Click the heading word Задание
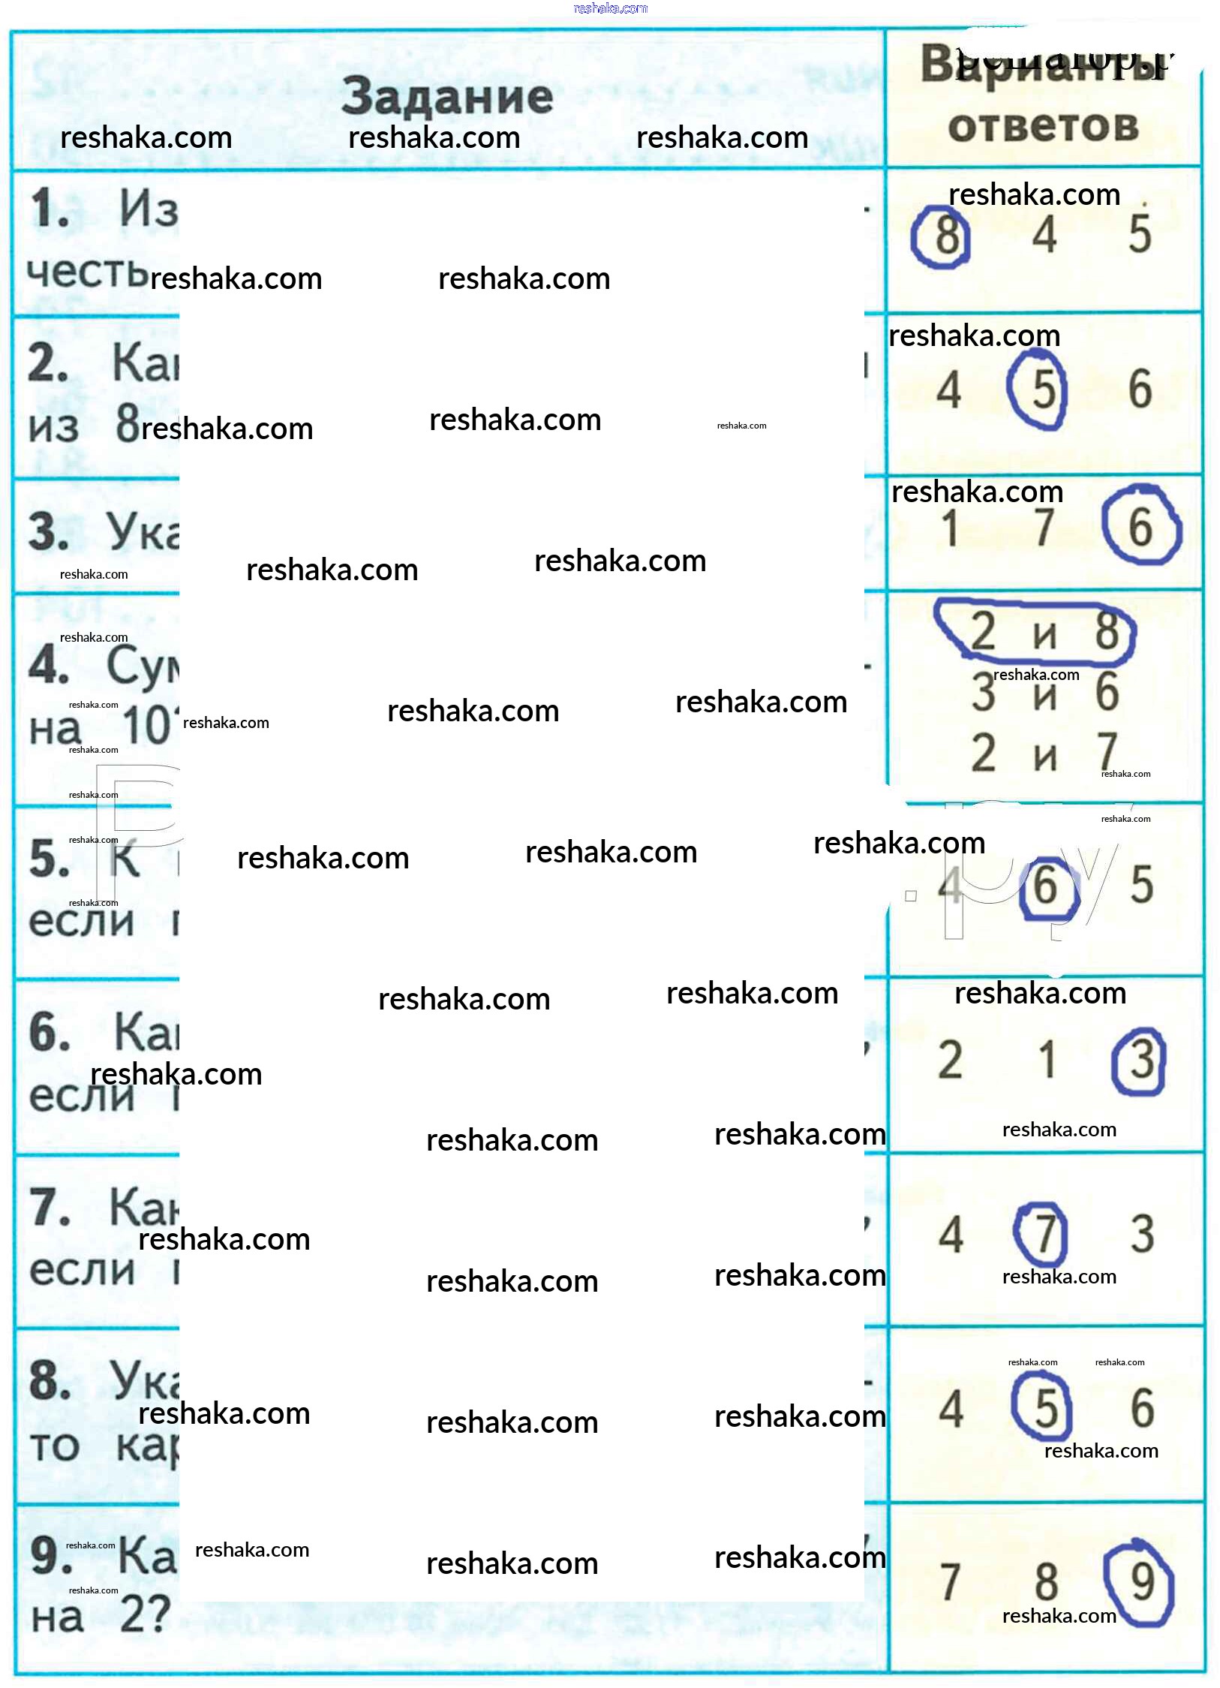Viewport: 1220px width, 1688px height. click(x=447, y=98)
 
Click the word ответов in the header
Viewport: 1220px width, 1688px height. click(x=1043, y=126)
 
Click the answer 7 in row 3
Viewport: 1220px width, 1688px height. click(x=1044, y=528)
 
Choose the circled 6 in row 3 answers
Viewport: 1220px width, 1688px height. click(x=1140, y=527)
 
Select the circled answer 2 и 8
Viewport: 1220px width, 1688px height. click(x=1044, y=632)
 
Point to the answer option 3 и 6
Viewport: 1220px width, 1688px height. click(x=1044, y=692)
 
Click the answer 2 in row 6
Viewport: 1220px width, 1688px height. click(x=949, y=1061)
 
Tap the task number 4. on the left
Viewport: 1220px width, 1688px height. click(x=49, y=666)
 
